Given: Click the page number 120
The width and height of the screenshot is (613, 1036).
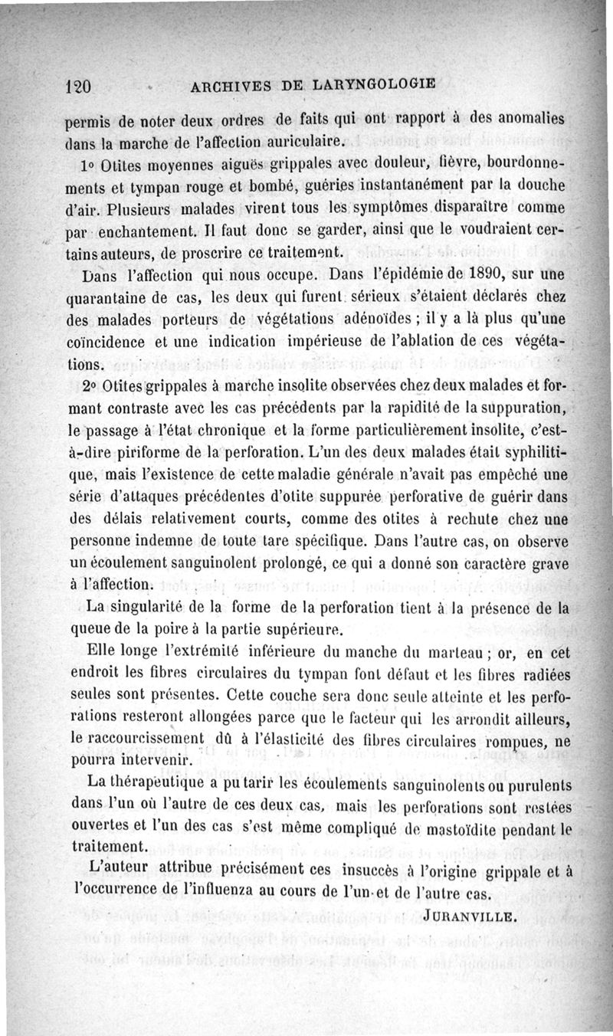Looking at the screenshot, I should point(77,87).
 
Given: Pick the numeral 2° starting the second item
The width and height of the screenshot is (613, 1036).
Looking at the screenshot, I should point(87,382).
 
